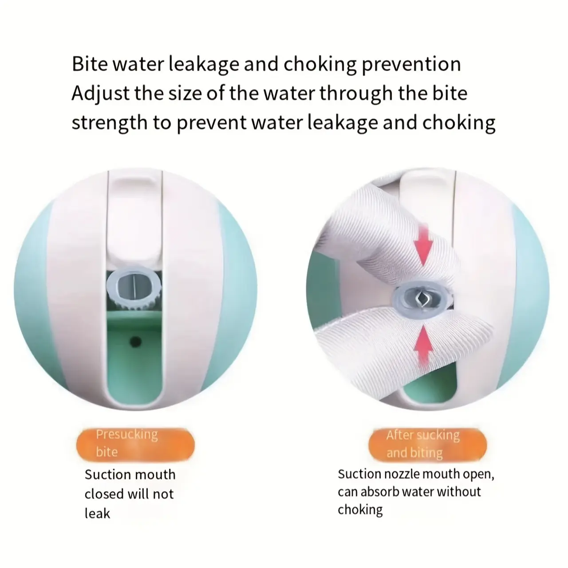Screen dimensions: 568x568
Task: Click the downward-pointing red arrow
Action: coord(423,245)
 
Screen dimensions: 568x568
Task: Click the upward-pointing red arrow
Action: coord(424,345)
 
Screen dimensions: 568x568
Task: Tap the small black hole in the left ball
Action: coord(135,342)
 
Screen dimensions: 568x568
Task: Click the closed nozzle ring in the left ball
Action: coord(134,286)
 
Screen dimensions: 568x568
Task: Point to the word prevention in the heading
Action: coord(411,65)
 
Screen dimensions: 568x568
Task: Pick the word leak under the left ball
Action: coord(97,513)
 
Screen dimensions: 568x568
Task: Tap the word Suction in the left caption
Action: coord(105,475)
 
